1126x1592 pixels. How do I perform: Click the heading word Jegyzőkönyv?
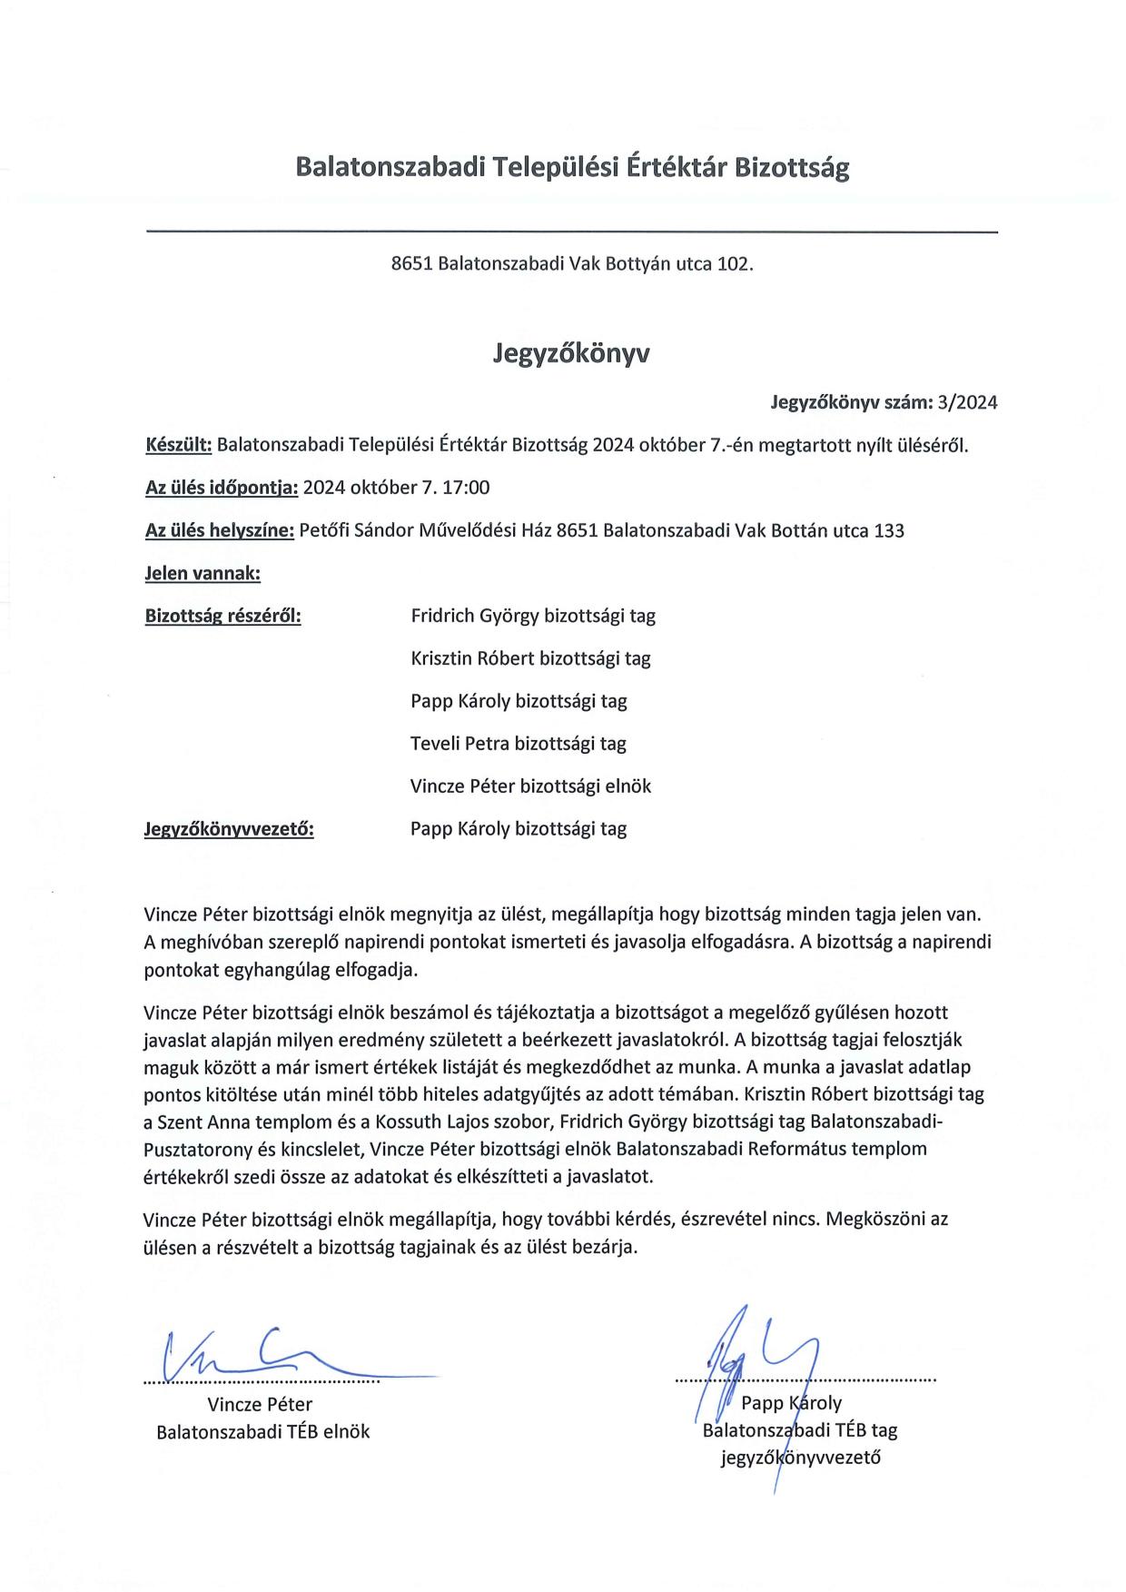571,353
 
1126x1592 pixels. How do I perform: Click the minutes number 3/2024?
968,402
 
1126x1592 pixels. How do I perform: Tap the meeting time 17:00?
468,488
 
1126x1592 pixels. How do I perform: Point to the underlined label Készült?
179,446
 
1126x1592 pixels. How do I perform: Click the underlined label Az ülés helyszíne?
220,531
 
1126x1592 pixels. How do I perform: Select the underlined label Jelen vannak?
202,574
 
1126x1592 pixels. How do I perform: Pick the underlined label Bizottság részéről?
223,617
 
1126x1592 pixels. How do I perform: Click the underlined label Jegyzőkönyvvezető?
229,829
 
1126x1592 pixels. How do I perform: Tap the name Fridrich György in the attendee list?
474,617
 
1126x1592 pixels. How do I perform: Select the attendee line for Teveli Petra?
519,744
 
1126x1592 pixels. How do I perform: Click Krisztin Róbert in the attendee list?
472,658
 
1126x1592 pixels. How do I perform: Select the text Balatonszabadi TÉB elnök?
263,1432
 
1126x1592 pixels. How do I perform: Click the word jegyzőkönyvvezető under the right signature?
800,1459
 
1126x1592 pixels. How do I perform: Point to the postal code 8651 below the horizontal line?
410,264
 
